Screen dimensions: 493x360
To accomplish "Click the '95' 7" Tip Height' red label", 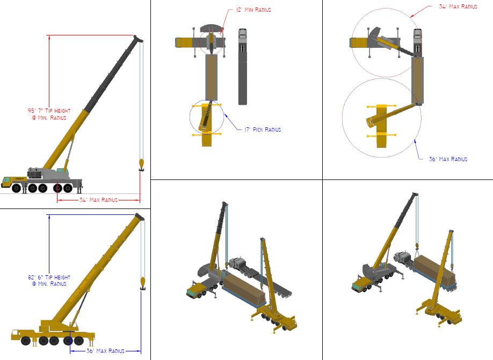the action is (x=49, y=111).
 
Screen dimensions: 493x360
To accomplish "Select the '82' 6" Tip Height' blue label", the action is (x=49, y=277).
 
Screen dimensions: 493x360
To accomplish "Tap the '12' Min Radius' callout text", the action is (x=253, y=10).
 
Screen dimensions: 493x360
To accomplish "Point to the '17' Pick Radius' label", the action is (x=263, y=129).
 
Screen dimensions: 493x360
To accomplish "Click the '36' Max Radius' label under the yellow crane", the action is (x=105, y=351).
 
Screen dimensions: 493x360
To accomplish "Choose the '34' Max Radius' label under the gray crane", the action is (x=98, y=200).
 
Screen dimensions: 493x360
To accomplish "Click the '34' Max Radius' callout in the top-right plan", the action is (x=458, y=6).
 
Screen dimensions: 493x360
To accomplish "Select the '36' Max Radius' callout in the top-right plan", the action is (x=448, y=159).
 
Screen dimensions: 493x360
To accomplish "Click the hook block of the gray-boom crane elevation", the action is (x=141, y=165).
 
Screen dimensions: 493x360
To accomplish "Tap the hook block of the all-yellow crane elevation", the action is (x=142, y=283).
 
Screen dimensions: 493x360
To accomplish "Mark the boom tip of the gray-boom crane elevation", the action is (x=137, y=38).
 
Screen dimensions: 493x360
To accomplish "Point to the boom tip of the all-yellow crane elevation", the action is (x=139, y=217).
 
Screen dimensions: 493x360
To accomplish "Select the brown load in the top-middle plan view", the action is (x=211, y=78).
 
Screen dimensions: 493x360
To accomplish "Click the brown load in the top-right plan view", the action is (x=417, y=81).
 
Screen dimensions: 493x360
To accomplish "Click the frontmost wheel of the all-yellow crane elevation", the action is (x=25, y=341).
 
